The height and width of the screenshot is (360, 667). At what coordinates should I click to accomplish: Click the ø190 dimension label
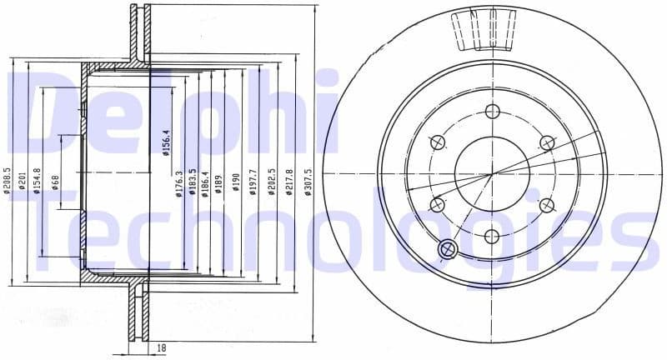click(x=236, y=182)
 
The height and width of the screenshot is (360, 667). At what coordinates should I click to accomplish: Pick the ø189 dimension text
click(x=218, y=182)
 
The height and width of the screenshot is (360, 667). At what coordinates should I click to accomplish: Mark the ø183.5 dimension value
click(x=193, y=182)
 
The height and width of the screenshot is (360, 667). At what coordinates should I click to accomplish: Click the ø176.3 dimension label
click(x=179, y=185)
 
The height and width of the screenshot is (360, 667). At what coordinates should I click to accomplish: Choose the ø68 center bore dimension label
click(x=55, y=181)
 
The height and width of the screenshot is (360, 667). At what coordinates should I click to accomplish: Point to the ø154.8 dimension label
click(x=37, y=181)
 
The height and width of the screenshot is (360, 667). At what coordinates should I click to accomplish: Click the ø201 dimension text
click(x=23, y=181)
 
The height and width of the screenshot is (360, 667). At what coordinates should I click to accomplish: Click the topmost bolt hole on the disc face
click(x=491, y=112)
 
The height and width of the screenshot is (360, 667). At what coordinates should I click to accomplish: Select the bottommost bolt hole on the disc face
click(x=491, y=236)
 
